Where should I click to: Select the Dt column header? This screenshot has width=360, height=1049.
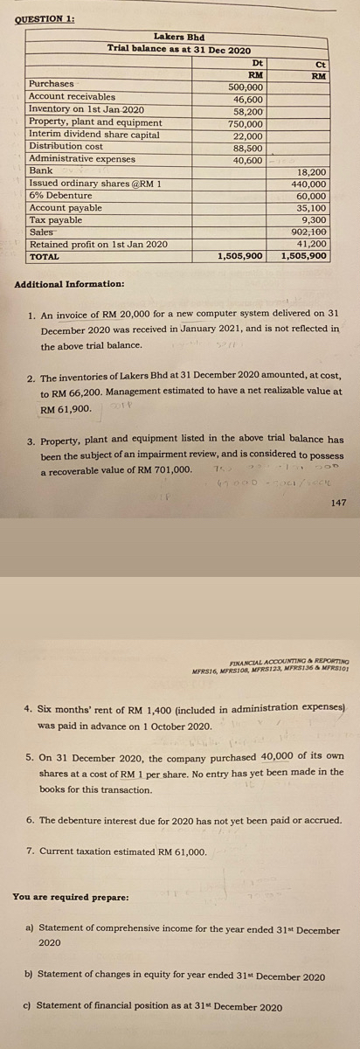click(257, 63)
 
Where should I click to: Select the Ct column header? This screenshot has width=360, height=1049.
click(321, 63)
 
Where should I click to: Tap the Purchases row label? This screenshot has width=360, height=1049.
click(52, 84)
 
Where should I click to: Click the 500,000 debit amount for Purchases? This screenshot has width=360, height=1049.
click(246, 87)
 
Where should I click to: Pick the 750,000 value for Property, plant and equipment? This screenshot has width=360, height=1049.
click(246, 124)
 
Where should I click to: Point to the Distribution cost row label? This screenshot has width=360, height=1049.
click(66, 146)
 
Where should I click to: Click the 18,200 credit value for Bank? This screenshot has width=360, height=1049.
click(313, 172)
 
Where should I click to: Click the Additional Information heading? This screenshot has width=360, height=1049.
click(69, 285)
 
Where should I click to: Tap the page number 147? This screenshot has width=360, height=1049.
click(340, 503)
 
